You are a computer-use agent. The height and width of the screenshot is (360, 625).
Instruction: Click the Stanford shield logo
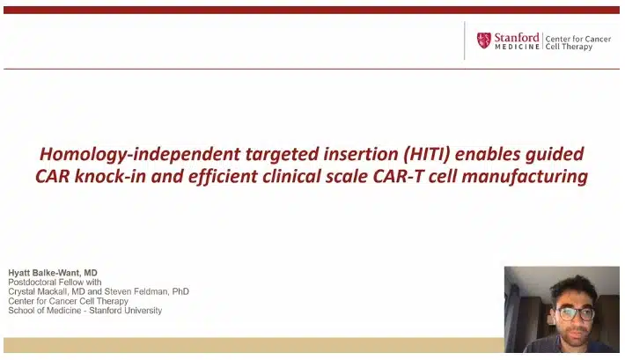tap(483, 40)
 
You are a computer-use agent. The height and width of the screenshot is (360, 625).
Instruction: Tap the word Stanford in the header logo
tap(517, 38)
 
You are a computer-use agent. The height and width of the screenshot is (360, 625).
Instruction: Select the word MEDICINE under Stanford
tap(517, 47)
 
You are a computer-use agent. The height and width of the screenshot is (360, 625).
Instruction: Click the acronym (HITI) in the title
tap(427, 154)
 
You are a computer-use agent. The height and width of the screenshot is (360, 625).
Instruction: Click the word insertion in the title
tap(361, 154)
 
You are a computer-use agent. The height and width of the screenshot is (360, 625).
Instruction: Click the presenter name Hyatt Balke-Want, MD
tap(53, 273)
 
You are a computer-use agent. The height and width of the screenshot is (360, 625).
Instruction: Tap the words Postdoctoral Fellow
tap(47, 283)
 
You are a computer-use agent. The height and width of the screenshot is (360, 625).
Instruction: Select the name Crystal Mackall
tap(39, 292)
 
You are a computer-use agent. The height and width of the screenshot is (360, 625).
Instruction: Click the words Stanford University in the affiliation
tap(126, 311)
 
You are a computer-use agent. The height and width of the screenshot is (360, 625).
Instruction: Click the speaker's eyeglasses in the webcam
tap(576, 313)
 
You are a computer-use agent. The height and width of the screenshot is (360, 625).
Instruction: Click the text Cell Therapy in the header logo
tap(569, 47)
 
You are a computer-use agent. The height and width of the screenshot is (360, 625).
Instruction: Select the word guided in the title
tap(555, 155)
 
